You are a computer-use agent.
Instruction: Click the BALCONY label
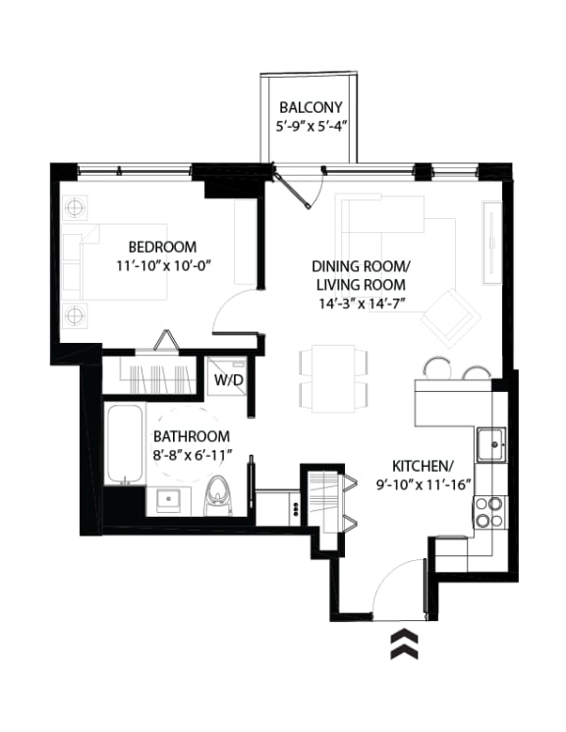click(311, 107)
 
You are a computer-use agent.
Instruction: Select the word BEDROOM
click(161, 247)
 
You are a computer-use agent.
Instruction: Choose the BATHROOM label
click(192, 436)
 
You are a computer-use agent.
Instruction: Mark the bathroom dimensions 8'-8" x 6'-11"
click(192, 455)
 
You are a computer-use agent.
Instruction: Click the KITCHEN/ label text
click(422, 465)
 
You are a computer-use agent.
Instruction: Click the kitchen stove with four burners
click(489, 511)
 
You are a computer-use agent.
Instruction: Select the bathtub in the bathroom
click(125, 444)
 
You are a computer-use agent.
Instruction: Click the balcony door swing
click(299, 190)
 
